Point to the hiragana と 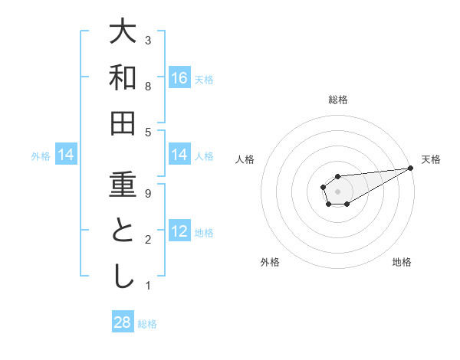pyautogui.click(x=122, y=231)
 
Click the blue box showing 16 pyautogui.click(x=179, y=78)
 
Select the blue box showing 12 pyautogui.click(x=179, y=232)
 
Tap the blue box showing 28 pyautogui.click(x=123, y=322)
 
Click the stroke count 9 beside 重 pyautogui.click(x=148, y=193)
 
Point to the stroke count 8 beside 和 pyautogui.click(x=148, y=86)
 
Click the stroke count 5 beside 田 pyautogui.click(x=148, y=132)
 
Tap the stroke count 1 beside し pyautogui.click(x=148, y=286)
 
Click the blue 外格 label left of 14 pyautogui.click(x=41, y=156)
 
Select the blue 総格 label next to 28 pyautogui.click(x=147, y=324)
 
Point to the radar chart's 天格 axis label pyautogui.click(x=431, y=159)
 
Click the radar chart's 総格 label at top pyautogui.click(x=337, y=100)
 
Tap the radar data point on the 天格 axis pyautogui.click(x=410, y=168)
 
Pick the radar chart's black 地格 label pyautogui.click(x=402, y=263)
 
